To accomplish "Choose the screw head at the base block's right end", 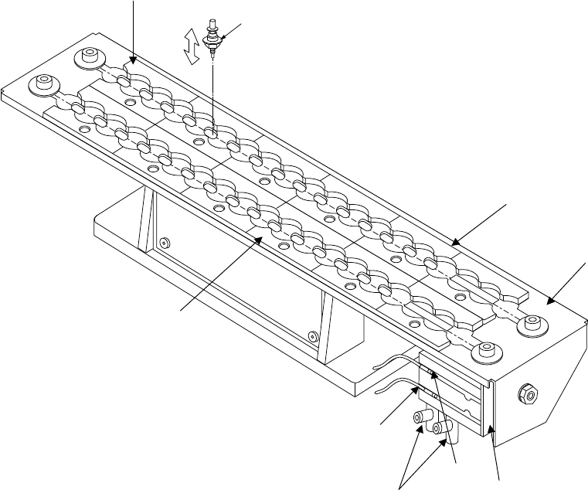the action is pos(312,336).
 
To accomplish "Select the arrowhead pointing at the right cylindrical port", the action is pos(445,441).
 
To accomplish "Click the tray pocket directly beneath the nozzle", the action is pos(212,132).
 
